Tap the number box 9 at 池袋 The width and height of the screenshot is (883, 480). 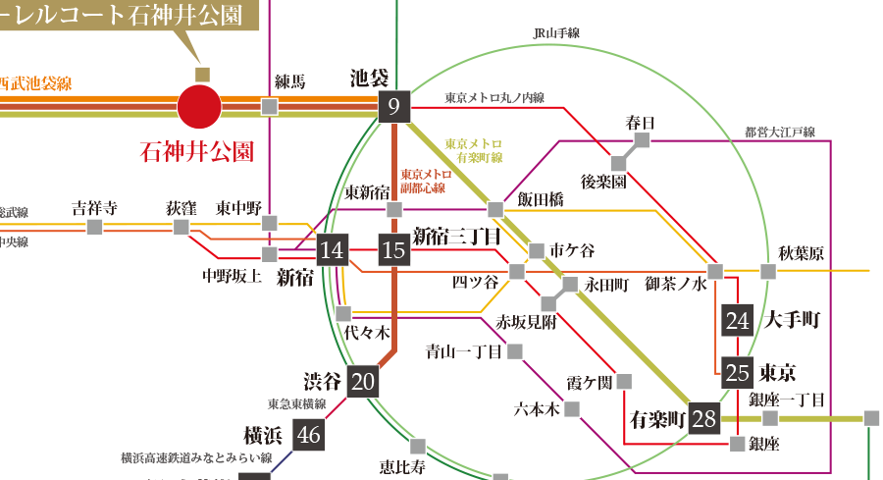393,106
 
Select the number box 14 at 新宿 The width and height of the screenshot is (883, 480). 333,250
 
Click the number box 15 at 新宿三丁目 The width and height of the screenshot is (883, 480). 393,250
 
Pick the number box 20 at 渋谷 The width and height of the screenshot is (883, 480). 363,381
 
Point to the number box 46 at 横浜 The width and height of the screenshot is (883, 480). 309,435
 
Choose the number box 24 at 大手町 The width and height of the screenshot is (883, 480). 737,320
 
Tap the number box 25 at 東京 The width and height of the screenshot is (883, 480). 737,372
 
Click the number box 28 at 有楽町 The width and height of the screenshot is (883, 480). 704,419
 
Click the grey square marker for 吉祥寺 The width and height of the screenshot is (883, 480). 94,227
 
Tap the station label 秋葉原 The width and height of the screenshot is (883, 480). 802,253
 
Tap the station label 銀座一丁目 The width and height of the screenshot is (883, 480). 787,399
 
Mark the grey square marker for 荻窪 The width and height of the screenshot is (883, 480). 181,227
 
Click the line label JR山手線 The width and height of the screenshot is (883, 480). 556,33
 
